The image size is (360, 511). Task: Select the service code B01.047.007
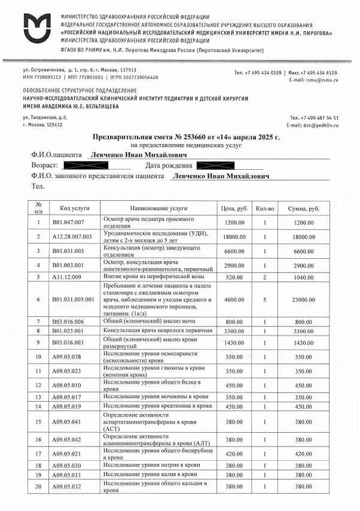coord(69,222)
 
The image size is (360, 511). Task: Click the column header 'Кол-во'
coord(264,208)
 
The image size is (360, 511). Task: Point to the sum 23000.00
coord(303,299)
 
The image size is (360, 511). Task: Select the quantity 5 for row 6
coord(264,299)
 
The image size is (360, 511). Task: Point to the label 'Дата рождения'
coord(169,166)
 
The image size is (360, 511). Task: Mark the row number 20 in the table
coord(38,487)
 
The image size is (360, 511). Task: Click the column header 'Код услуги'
coord(74,208)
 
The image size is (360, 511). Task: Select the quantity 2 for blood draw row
coord(264,277)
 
